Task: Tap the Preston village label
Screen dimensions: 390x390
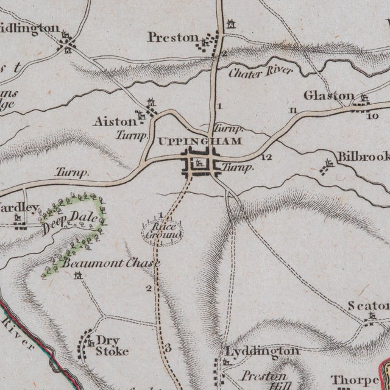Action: tap(172, 38)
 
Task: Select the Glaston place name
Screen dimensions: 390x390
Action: tap(329, 96)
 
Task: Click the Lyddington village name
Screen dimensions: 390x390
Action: tap(262, 352)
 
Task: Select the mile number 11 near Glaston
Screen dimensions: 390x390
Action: tap(294, 110)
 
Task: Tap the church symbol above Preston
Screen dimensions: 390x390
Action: tap(230, 24)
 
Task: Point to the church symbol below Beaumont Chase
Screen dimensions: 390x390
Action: tap(78, 277)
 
